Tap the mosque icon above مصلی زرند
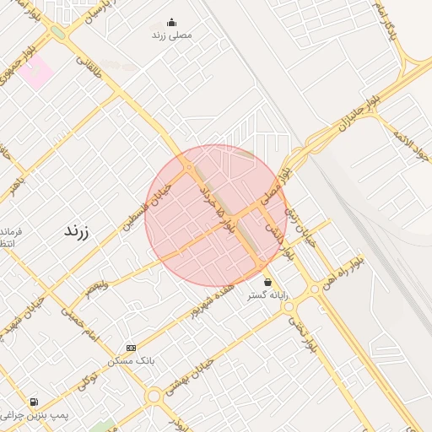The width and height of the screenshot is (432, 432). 172,23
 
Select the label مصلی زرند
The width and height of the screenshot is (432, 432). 172,35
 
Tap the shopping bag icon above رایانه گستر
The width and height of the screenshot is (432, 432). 267,283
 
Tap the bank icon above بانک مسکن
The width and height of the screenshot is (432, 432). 131,348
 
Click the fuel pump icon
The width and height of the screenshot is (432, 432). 33,402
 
